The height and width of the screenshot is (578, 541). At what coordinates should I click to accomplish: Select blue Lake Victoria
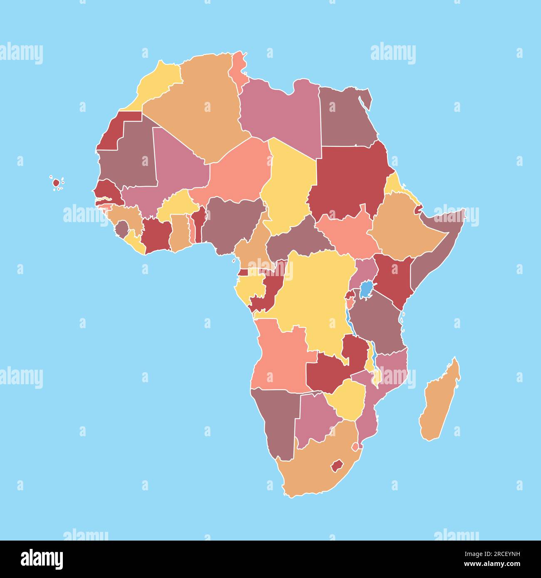[366, 289]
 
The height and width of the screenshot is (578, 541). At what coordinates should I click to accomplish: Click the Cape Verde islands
[57, 183]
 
